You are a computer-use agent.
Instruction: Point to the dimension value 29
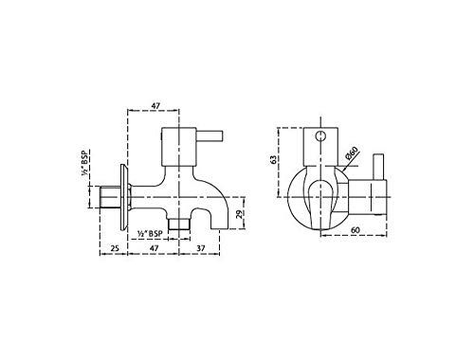(242, 215)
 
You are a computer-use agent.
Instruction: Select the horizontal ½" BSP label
(149, 231)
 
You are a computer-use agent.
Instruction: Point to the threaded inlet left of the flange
(107, 200)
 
